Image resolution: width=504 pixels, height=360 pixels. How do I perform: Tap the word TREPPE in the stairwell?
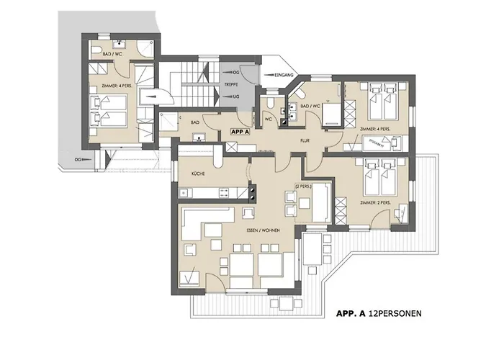click(x=233, y=84)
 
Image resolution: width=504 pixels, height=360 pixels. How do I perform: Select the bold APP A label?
click(x=240, y=132)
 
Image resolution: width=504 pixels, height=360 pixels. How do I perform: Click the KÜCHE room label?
click(x=199, y=174)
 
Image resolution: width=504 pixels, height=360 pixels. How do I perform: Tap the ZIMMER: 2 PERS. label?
click(x=374, y=203)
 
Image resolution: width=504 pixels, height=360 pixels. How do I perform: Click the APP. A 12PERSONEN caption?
click(x=379, y=315)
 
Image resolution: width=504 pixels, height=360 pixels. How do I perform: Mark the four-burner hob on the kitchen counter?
click(x=253, y=192)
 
